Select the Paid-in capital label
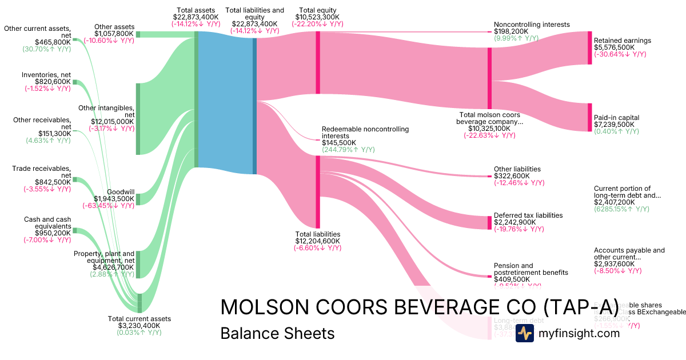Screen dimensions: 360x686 [616, 118]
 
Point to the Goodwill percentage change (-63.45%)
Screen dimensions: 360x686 [109, 206]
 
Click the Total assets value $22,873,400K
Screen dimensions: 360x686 [196, 17]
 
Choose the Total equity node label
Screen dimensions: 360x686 [317, 10]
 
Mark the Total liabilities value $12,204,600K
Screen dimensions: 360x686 [317, 241]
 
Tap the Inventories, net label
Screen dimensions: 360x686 [47, 75]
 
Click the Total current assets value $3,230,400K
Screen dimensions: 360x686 [139, 326]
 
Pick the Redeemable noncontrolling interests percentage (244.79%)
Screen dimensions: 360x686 [348, 150]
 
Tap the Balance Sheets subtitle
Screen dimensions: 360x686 [277, 333]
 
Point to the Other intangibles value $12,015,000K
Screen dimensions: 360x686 [113, 122]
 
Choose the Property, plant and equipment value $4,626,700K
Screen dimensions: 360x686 [113, 267]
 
